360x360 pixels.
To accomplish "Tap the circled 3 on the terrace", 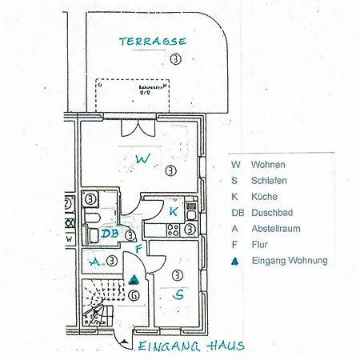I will [x=175, y=58].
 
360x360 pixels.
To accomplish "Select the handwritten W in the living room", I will [x=142, y=159].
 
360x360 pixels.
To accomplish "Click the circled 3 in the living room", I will [x=169, y=171].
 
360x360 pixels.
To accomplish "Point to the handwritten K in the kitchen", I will [x=174, y=211].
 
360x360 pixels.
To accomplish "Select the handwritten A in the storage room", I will [x=94, y=262].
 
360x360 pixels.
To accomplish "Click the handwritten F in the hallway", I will [x=138, y=250].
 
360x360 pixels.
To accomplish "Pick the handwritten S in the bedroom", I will [x=178, y=294].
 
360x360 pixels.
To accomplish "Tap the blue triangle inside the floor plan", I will [x=134, y=279].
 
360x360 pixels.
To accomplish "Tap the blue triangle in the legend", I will [x=234, y=261].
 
